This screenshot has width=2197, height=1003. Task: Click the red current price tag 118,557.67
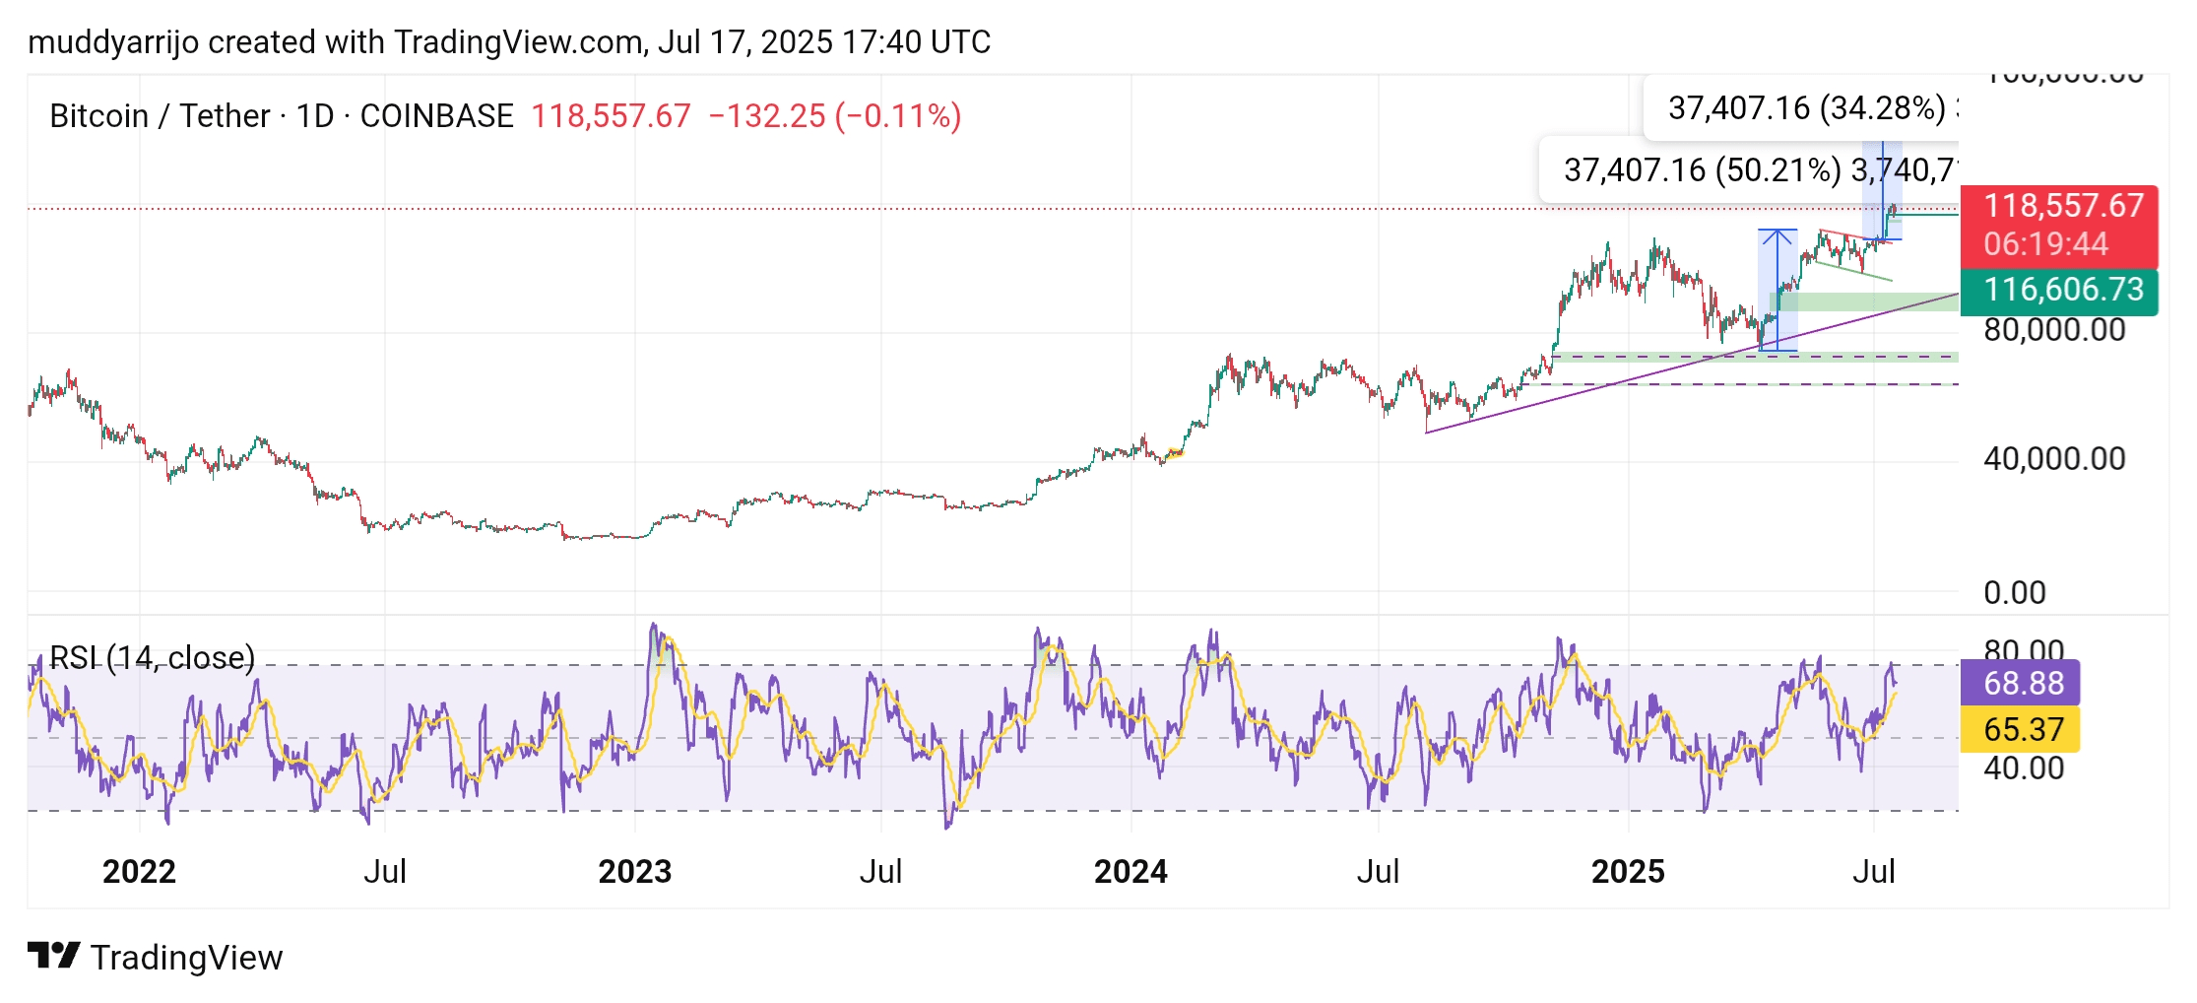[x=2062, y=206]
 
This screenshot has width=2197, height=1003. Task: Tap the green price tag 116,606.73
[x=2062, y=290]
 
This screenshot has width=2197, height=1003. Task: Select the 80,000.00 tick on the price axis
[x=2054, y=330]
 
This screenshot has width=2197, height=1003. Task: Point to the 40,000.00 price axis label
[x=2054, y=459]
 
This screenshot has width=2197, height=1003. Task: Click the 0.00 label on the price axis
[x=2014, y=593]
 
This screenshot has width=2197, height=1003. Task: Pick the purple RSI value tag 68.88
[x=2023, y=683]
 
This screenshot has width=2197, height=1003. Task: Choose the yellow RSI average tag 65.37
[x=2023, y=730]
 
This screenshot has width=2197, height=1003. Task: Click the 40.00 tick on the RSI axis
[x=2023, y=769]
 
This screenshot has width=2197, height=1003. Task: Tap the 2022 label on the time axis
[x=139, y=872]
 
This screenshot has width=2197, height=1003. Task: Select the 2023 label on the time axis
[x=635, y=872]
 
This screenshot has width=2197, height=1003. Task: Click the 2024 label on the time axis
[x=1131, y=872]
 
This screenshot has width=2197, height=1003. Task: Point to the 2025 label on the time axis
[x=1628, y=872]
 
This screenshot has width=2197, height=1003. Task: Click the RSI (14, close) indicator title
[x=153, y=658]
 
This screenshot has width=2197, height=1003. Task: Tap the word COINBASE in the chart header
[x=436, y=116]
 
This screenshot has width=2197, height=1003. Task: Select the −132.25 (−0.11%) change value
[x=834, y=116]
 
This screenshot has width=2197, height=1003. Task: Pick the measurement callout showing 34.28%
[x=1806, y=108]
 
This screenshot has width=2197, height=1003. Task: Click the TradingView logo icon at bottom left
[x=53, y=956]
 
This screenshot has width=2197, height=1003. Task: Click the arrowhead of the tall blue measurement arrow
[x=1777, y=234]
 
